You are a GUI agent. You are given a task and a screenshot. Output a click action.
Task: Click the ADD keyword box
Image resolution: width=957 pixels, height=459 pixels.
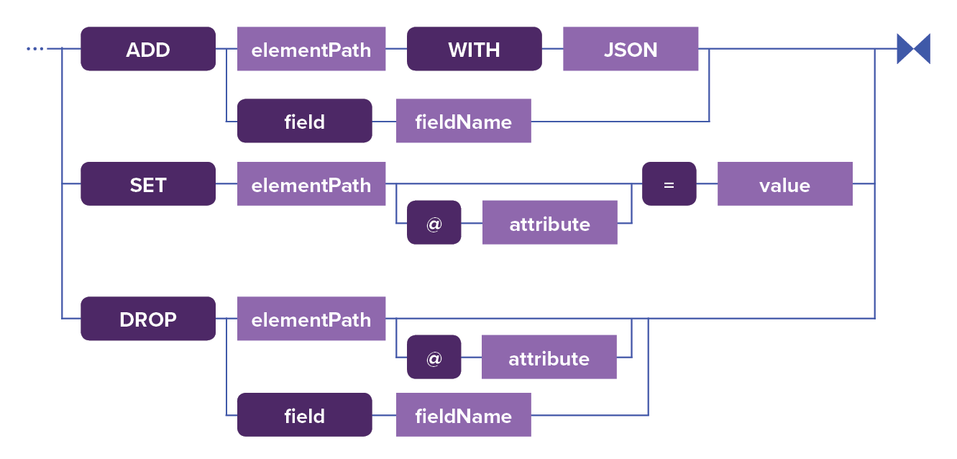(148, 49)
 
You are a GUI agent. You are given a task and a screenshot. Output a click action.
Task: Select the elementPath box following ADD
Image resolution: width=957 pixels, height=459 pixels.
(311, 49)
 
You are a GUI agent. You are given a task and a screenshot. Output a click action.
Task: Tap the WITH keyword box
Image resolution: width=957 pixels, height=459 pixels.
(474, 49)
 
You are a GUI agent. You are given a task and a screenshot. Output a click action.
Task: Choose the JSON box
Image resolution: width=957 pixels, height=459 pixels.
(630, 49)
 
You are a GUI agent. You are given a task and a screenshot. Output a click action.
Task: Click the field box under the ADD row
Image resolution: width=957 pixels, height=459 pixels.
(304, 121)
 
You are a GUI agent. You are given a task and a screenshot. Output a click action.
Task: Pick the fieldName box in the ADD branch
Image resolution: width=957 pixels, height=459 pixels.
(463, 121)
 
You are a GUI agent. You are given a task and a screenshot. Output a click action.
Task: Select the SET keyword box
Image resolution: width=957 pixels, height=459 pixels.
(148, 184)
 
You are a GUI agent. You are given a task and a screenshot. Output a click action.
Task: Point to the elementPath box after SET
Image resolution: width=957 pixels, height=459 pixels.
(311, 184)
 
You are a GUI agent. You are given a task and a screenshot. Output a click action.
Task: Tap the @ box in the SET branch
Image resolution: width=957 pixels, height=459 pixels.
(434, 223)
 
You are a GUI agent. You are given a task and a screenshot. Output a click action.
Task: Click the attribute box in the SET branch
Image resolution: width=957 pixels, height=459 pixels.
(549, 223)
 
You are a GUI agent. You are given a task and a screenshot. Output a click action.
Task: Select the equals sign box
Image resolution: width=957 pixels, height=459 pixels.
(669, 184)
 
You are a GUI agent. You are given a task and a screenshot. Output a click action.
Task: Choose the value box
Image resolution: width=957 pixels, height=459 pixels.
(784, 184)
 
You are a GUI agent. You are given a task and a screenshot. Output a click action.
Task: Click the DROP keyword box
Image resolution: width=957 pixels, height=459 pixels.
(148, 319)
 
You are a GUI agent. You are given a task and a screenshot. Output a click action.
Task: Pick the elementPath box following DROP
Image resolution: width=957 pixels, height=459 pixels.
(311, 319)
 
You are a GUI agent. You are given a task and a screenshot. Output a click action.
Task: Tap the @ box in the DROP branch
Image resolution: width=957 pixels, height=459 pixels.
(434, 358)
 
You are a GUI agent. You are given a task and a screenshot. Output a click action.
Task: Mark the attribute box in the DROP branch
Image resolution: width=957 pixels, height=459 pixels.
(549, 358)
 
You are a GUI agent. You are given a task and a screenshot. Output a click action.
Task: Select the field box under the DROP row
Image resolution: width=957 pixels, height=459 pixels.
(304, 415)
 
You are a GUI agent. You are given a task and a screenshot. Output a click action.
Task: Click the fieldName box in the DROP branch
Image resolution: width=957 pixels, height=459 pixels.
(463, 415)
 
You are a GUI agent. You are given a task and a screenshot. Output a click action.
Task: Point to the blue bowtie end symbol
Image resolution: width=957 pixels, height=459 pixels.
(913, 49)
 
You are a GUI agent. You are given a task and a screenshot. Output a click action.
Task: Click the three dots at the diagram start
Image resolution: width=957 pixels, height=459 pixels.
(35, 49)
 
